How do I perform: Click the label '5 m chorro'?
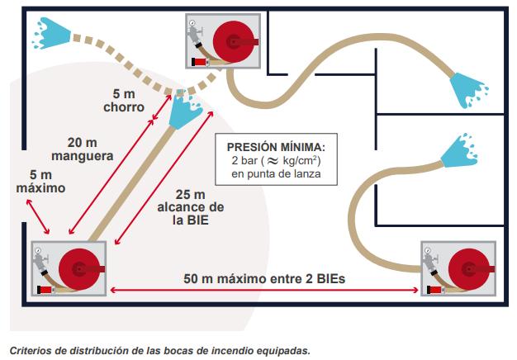129,99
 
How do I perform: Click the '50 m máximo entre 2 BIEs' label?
264,278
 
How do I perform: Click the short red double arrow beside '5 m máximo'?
37,217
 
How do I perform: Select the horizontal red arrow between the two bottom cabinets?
264,289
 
